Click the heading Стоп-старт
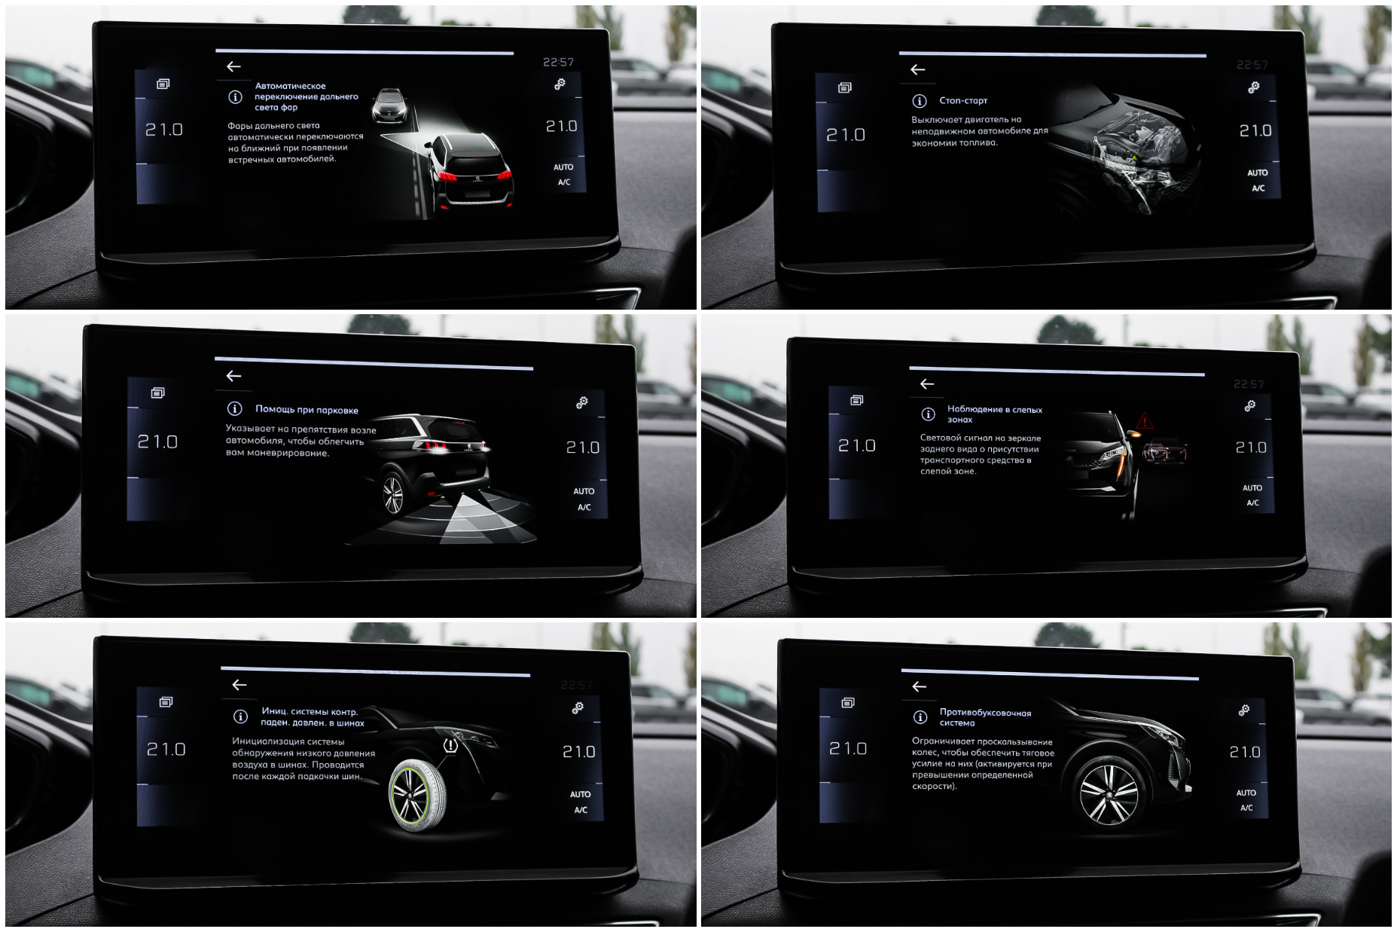[963, 101]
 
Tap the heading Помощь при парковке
[307, 410]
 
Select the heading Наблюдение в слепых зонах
[995, 414]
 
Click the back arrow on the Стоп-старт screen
[917, 70]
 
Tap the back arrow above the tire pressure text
[239, 685]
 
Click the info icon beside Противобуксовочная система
[920, 717]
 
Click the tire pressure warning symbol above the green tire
[450, 746]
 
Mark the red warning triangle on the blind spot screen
[1145, 420]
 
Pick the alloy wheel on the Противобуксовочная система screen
[1109, 792]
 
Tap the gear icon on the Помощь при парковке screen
[582, 403]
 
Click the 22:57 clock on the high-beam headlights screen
[558, 63]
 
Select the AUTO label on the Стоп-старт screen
[1257, 173]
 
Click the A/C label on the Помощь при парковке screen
[584, 508]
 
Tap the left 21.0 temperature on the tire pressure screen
[166, 750]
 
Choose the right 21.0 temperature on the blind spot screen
[1251, 448]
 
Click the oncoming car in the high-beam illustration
[389, 105]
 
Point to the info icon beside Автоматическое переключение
[235, 97]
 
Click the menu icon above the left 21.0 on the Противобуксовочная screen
[848, 703]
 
